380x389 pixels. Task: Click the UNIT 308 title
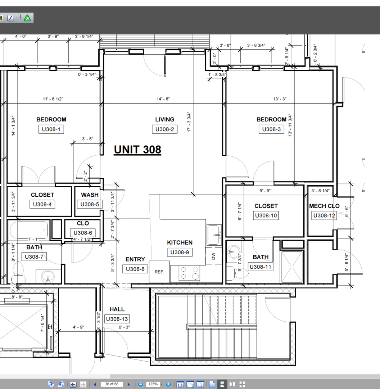137,150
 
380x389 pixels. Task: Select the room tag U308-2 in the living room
164,129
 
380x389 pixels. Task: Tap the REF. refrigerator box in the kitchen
159,272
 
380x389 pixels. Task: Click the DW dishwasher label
213,256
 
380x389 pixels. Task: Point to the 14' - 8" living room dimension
163,99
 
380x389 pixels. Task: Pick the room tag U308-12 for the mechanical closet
324,215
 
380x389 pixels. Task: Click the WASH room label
90,195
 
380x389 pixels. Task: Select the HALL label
117,309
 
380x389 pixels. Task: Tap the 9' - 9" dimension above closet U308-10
265,191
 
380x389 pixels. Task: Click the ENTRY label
135,259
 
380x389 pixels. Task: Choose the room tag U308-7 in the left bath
34,257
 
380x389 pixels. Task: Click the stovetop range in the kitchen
189,273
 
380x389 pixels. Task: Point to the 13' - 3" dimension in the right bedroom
280,99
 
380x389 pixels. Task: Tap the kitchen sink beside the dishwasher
214,235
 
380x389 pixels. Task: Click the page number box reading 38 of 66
112,384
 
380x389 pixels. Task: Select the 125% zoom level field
153,384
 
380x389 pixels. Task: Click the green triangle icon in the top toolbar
27,18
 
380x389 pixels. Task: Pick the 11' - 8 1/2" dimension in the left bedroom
53,99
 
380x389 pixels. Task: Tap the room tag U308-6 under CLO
83,233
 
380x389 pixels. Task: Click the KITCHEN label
180,242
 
